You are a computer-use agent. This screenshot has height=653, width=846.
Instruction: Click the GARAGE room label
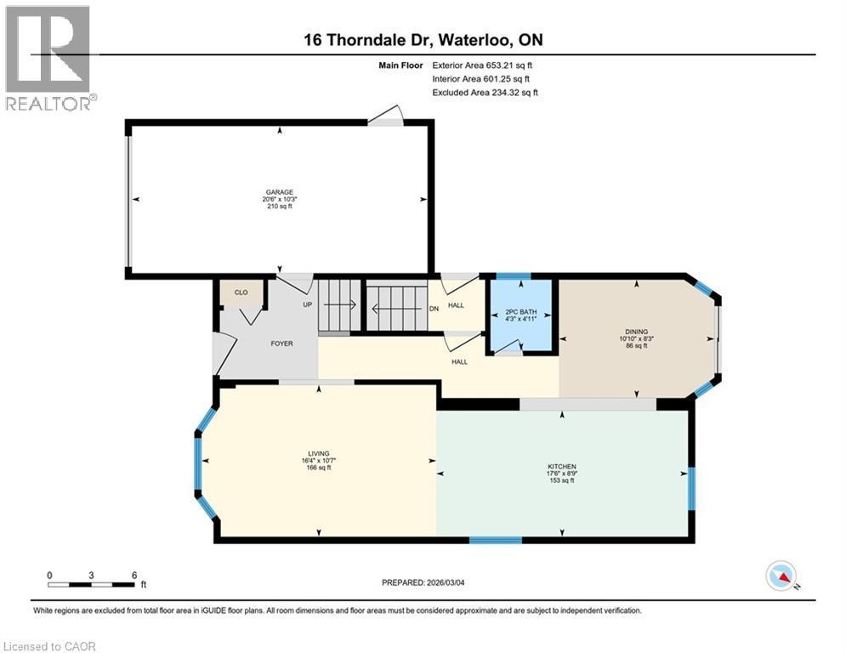point(280,193)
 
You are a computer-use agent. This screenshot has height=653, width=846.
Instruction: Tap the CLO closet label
point(241,292)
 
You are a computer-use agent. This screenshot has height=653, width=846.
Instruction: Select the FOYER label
point(281,344)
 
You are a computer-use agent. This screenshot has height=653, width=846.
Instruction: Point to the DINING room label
point(637,332)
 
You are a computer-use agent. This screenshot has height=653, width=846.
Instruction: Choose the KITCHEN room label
point(562,467)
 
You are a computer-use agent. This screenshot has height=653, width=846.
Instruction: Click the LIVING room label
point(319,454)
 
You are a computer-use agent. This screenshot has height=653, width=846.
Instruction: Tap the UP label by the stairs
point(308,304)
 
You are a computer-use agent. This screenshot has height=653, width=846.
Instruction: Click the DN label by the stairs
point(434,309)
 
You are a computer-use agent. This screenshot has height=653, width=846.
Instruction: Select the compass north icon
point(780,576)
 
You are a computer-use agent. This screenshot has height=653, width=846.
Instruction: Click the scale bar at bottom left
point(92,584)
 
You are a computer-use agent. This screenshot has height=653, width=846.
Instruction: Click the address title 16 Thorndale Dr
point(423,39)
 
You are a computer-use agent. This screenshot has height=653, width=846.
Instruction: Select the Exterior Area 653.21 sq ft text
point(482,65)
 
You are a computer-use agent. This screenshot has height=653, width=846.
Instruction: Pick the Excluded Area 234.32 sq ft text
point(485,93)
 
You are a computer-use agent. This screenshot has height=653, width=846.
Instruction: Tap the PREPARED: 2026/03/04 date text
point(423,582)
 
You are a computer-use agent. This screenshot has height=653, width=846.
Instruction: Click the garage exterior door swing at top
point(388,116)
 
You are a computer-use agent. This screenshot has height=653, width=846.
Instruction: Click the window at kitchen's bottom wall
point(495,540)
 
